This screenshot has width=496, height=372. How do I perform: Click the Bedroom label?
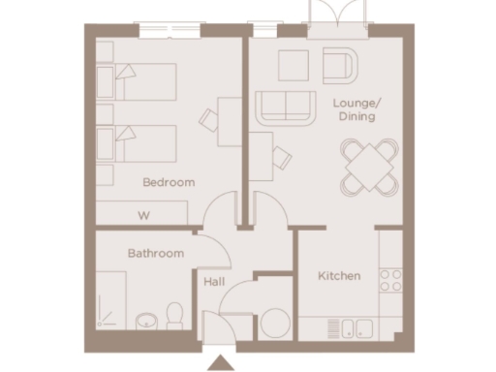[x=169, y=182]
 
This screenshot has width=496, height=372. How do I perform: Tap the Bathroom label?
[x=156, y=254]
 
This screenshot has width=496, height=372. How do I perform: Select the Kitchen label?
[x=339, y=276]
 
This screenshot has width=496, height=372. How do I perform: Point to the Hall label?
[x=214, y=282]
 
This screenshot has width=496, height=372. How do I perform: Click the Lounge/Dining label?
[x=355, y=108]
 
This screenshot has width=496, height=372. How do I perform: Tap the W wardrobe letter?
[x=143, y=215]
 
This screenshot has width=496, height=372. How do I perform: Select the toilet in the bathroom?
[x=175, y=314]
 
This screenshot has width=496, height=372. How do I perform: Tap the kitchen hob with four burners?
[x=390, y=281]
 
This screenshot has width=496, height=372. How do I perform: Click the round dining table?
[x=369, y=166]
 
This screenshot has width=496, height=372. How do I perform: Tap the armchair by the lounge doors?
[x=340, y=65]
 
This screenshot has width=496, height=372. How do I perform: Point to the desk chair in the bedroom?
[x=209, y=120]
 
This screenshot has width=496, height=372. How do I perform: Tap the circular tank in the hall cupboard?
[x=274, y=321]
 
